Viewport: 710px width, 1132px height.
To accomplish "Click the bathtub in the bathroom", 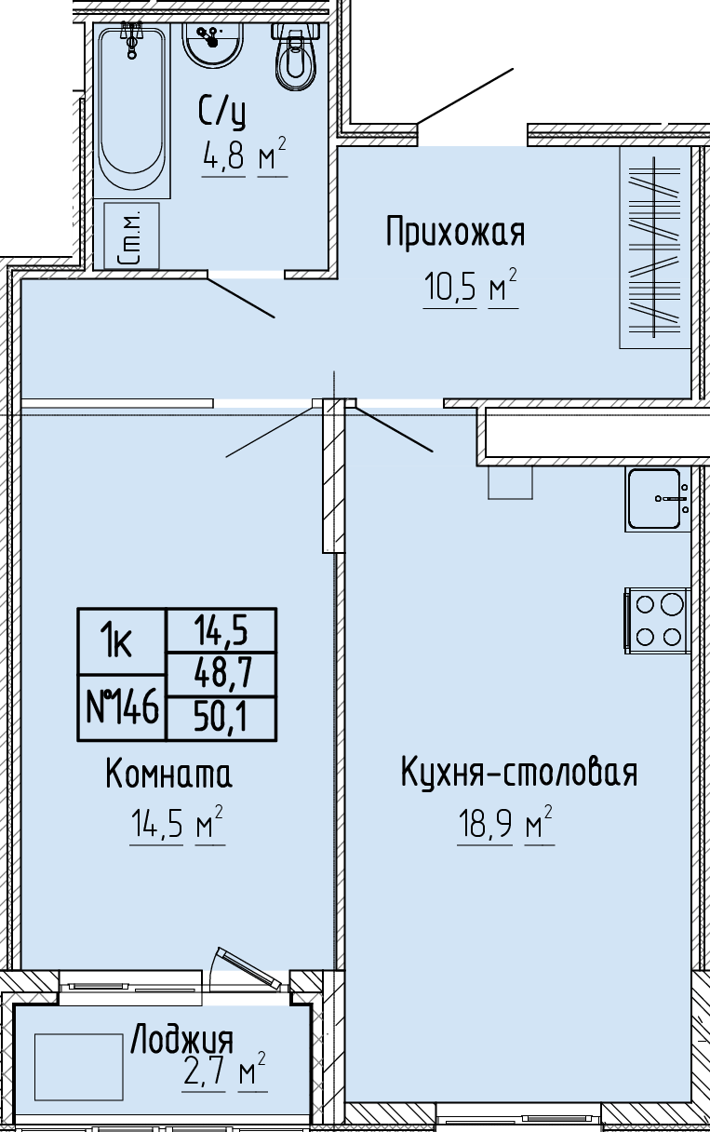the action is coord(132,110).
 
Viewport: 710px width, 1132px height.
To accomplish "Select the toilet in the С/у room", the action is coord(296,57).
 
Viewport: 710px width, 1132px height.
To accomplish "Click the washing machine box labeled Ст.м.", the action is coord(131,236).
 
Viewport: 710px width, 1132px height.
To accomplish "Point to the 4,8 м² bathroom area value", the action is coord(245,155).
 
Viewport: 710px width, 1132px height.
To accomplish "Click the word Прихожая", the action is coord(455,232).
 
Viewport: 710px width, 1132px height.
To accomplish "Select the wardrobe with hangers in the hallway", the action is coord(655,248).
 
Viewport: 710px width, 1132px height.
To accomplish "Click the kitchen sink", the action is coord(658,499).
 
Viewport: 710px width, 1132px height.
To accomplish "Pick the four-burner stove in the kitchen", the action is coord(658,621).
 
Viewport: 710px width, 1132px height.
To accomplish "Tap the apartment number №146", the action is coord(122,707).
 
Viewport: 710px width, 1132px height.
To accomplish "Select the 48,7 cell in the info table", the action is coord(221,674).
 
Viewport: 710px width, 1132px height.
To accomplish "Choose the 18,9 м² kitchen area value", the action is coord(505,825).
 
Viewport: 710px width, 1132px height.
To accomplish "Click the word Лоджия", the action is coord(182,1040).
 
